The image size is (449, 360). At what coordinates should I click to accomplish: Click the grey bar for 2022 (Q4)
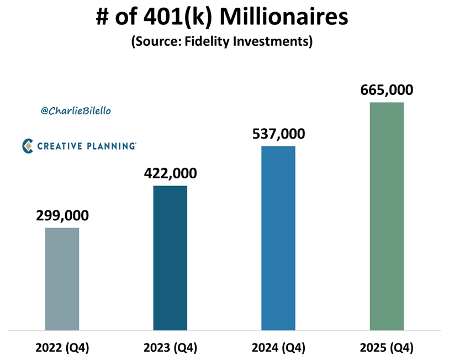click(62, 279)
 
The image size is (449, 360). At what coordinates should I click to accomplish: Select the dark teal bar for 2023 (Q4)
click(170, 258)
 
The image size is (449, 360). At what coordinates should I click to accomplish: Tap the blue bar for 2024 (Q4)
click(278, 238)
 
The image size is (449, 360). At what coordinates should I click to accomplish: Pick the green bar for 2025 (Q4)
click(387, 216)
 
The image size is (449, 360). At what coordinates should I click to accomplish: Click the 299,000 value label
click(62, 216)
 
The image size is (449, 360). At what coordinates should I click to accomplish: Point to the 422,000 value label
click(170, 173)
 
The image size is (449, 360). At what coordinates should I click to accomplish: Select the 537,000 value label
click(278, 134)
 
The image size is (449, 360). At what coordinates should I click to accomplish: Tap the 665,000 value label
click(387, 91)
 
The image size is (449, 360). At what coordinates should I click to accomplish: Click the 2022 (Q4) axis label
click(62, 348)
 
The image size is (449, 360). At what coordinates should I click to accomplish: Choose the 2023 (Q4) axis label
click(170, 348)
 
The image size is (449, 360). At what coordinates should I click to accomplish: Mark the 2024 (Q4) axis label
click(278, 348)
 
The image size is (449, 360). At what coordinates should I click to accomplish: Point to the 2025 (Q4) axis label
click(387, 348)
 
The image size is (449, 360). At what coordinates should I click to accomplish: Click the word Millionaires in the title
click(286, 18)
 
